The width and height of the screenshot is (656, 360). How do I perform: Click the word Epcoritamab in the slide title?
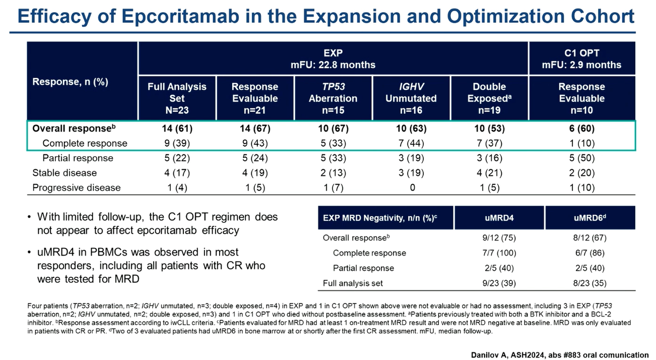(180, 17)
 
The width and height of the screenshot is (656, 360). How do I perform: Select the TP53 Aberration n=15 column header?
(333, 98)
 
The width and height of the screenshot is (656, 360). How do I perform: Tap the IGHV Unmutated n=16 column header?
(411, 98)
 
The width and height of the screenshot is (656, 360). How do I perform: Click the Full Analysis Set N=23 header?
(177, 98)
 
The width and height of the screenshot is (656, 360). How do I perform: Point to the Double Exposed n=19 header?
(489, 98)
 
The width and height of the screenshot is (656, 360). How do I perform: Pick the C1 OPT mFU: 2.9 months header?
(581, 58)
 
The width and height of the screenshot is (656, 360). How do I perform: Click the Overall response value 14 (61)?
(177, 129)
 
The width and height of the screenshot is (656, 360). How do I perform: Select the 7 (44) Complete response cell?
(411, 143)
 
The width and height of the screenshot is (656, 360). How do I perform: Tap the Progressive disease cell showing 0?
(412, 188)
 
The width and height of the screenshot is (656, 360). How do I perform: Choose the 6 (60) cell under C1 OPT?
(581, 129)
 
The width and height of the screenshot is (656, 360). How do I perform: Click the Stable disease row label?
(64, 173)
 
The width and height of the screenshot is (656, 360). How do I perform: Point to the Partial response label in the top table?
(78, 158)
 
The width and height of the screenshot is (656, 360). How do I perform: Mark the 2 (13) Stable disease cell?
(333, 173)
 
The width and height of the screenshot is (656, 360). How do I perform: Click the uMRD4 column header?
(499, 218)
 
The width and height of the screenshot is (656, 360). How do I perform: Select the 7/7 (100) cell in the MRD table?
(499, 253)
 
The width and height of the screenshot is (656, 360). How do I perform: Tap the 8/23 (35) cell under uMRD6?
(590, 283)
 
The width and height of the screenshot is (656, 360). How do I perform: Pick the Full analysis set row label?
(353, 283)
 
